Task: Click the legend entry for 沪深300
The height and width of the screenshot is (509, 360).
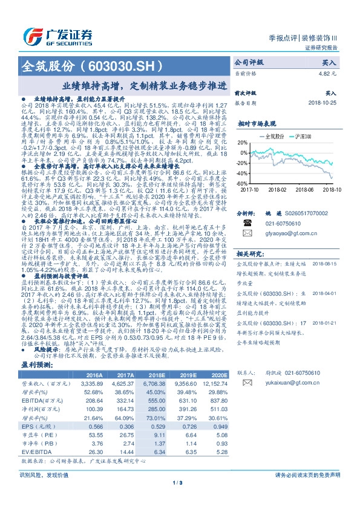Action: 303,137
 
